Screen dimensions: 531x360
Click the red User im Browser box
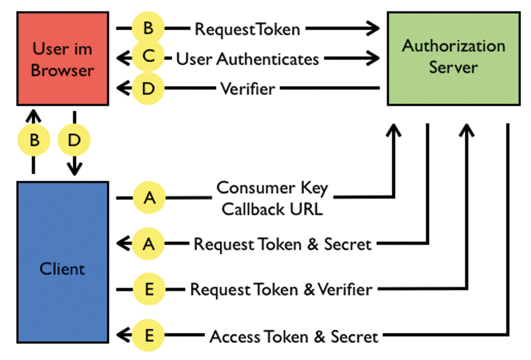[x=63, y=59]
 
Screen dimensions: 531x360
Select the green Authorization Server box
[x=453, y=59]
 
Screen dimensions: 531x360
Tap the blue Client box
[x=63, y=263]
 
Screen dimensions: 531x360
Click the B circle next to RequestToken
[x=148, y=28]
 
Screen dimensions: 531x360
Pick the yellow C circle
[x=148, y=56]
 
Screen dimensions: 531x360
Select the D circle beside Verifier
[x=148, y=89]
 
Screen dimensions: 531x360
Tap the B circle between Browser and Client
[x=34, y=140]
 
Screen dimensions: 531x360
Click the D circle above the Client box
[x=74, y=140]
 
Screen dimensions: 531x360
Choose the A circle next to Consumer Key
[x=149, y=198]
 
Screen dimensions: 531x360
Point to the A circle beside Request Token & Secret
[x=148, y=244]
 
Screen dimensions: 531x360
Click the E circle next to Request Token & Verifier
[x=149, y=289]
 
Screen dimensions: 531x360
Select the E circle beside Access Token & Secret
[x=148, y=335]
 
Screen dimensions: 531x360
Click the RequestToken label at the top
[x=247, y=29]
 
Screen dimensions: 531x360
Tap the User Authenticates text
[x=247, y=59]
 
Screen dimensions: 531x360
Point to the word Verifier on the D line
[x=247, y=89]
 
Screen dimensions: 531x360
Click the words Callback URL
[x=272, y=209]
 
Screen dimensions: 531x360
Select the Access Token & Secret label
[x=294, y=336]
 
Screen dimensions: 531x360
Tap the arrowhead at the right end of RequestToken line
[x=373, y=28]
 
